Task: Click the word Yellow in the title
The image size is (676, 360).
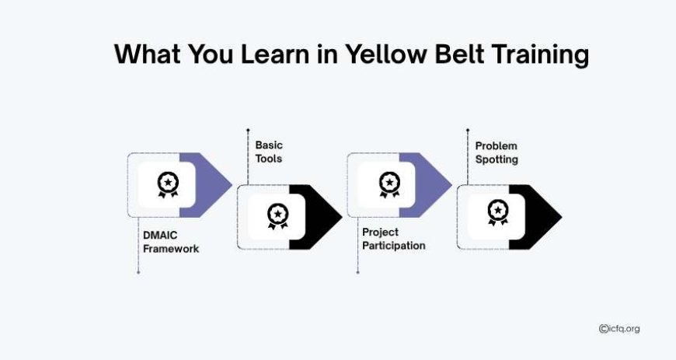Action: pyautogui.click(x=386, y=54)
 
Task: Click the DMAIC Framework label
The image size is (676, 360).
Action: pyautogui.click(x=171, y=242)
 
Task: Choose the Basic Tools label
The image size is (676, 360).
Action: pyautogui.click(x=269, y=152)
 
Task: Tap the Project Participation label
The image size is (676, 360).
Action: pyautogui.click(x=394, y=239)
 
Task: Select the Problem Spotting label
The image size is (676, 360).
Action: pyautogui.click(x=497, y=153)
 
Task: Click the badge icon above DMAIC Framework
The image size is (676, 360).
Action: pyautogui.click(x=168, y=184)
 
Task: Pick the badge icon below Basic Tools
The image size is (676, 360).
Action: pyautogui.click(x=277, y=216)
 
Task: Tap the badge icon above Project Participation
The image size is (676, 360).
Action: pyautogui.click(x=389, y=184)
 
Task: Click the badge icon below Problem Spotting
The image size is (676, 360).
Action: pyautogui.click(x=498, y=212)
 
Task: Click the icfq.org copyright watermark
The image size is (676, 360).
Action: pyautogui.click(x=619, y=329)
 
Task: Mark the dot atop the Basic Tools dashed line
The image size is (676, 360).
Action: pyautogui.click(x=248, y=130)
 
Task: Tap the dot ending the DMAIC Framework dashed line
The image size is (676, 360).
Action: pyautogui.click(x=138, y=272)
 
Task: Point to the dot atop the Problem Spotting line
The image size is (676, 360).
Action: pyautogui.click(x=468, y=130)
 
